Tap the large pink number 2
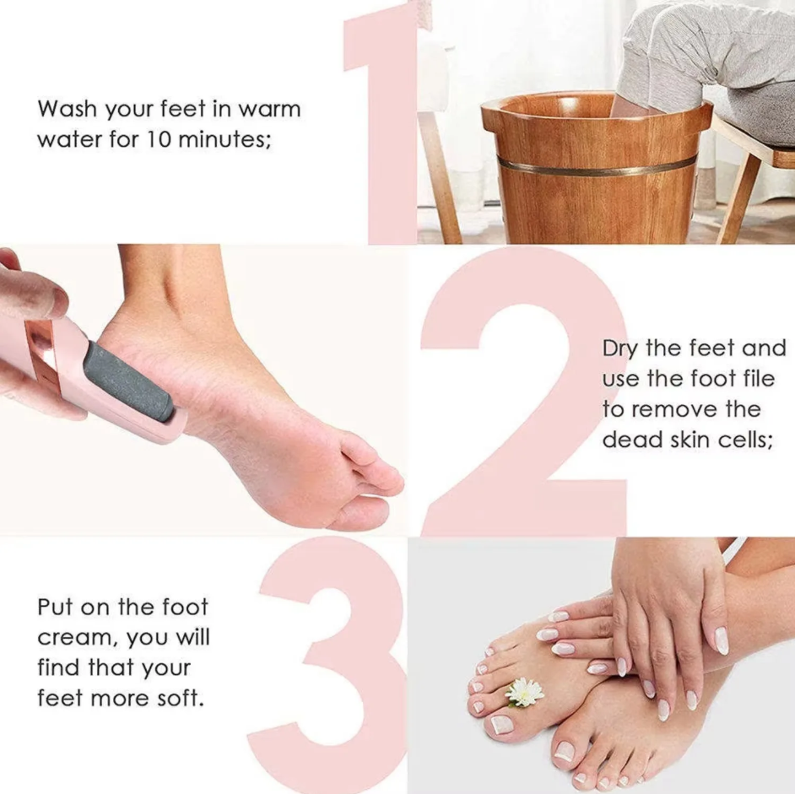tap(523, 397)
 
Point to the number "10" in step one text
tap(175, 139)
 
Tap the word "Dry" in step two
tap(620, 349)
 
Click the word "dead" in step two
tap(627, 440)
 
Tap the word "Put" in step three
tap(55, 608)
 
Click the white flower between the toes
tap(524, 692)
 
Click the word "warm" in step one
tap(269, 109)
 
